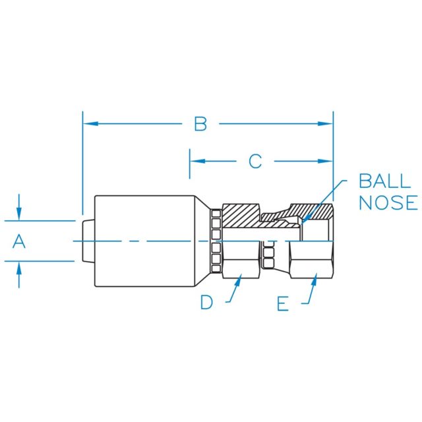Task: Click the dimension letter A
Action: coord(19,242)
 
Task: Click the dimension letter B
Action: coord(200,123)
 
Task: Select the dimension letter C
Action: coord(255,160)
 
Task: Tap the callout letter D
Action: coord(207,303)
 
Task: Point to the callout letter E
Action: coord(283,303)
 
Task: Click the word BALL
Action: coord(388,181)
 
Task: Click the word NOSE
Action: coord(388,202)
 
